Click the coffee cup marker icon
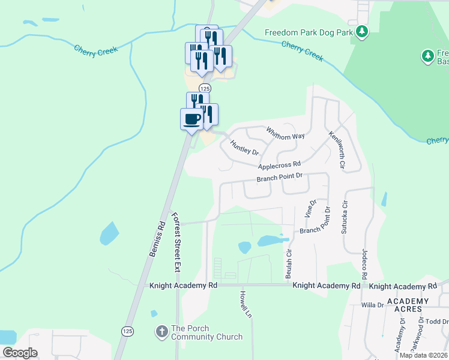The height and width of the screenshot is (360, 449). [x=192, y=118]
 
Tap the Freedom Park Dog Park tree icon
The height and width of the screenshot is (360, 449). [x=361, y=31]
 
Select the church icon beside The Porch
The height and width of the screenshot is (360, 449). [x=161, y=331]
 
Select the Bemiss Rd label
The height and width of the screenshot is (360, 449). [x=154, y=239]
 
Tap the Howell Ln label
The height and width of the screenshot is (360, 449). [x=244, y=305]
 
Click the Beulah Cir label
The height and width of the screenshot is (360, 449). [x=289, y=263]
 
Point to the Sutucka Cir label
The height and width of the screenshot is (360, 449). [x=345, y=218]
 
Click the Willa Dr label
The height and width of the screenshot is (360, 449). [x=372, y=305]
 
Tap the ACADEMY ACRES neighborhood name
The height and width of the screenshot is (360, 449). [x=408, y=306]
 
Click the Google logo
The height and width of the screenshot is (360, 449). [x=20, y=353]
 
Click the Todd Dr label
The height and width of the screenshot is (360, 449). [x=437, y=321]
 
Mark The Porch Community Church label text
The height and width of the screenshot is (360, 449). [x=207, y=332]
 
